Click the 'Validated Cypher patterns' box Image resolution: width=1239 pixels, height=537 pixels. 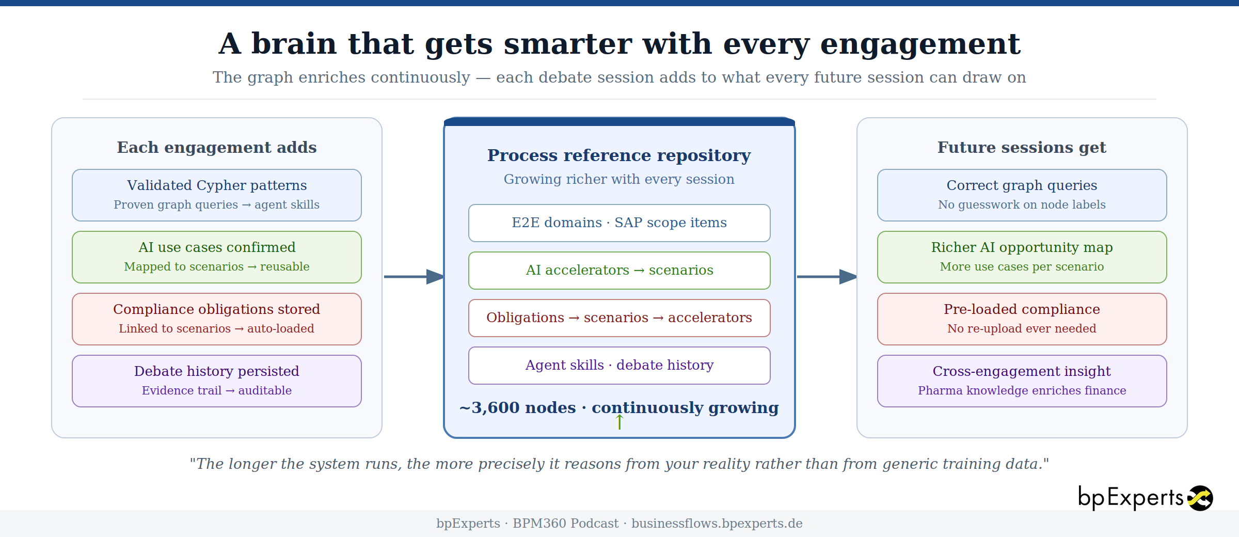[x=217, y=195]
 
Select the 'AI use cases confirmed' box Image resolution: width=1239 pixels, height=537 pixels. [x=217, y=257]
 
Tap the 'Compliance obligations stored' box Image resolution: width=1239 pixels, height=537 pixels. [x=217, y=319]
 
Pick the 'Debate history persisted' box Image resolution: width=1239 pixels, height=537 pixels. [x=217, y=381]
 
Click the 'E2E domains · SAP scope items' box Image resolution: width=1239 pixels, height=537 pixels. [x=619, y=223]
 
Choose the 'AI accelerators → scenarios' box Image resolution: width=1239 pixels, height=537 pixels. [x=619, y=271]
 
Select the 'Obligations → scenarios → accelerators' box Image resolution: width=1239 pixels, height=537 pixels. [x=619, y=318]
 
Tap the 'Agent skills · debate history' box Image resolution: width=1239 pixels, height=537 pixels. [x=619, y=366]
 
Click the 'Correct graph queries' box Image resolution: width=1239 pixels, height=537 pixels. [x=1022, y=195]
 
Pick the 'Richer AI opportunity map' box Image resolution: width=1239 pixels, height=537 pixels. [x=1022, y=257]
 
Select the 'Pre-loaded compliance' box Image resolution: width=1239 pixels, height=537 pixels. [x=1022, y=319]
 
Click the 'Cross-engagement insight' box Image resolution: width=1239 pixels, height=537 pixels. [x=1022, y=381]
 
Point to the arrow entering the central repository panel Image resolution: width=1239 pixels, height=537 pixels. [x=414, y=277]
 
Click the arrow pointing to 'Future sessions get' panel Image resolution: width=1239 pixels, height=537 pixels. [x=827, y=277]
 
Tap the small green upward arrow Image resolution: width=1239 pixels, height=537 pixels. [x=619, y=422]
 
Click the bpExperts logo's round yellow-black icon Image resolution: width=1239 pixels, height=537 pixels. [x=1200, y=498]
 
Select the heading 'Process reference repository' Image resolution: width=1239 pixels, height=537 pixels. [x=619, y=155]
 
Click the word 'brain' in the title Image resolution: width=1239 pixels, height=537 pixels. [x=294, y=44]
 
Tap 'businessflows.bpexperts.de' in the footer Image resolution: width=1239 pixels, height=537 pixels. [x=717, y=524]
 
